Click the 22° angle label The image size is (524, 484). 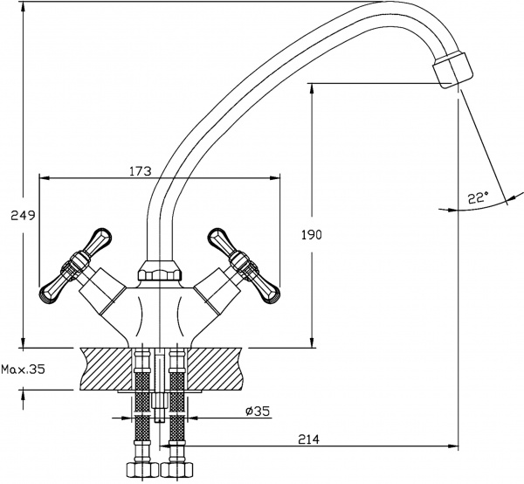click(477, 198)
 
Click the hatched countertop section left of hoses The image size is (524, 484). click(104, 368)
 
